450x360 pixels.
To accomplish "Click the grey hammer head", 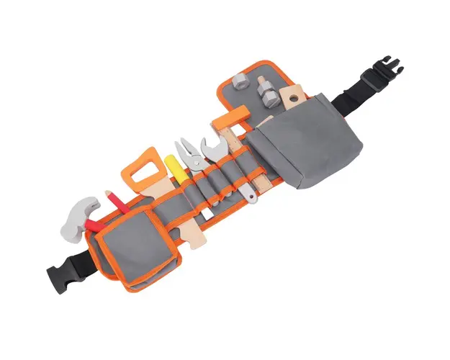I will [81, 212].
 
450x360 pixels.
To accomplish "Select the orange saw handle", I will [147, 166].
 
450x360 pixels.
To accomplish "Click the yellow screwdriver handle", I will [177, 168].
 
